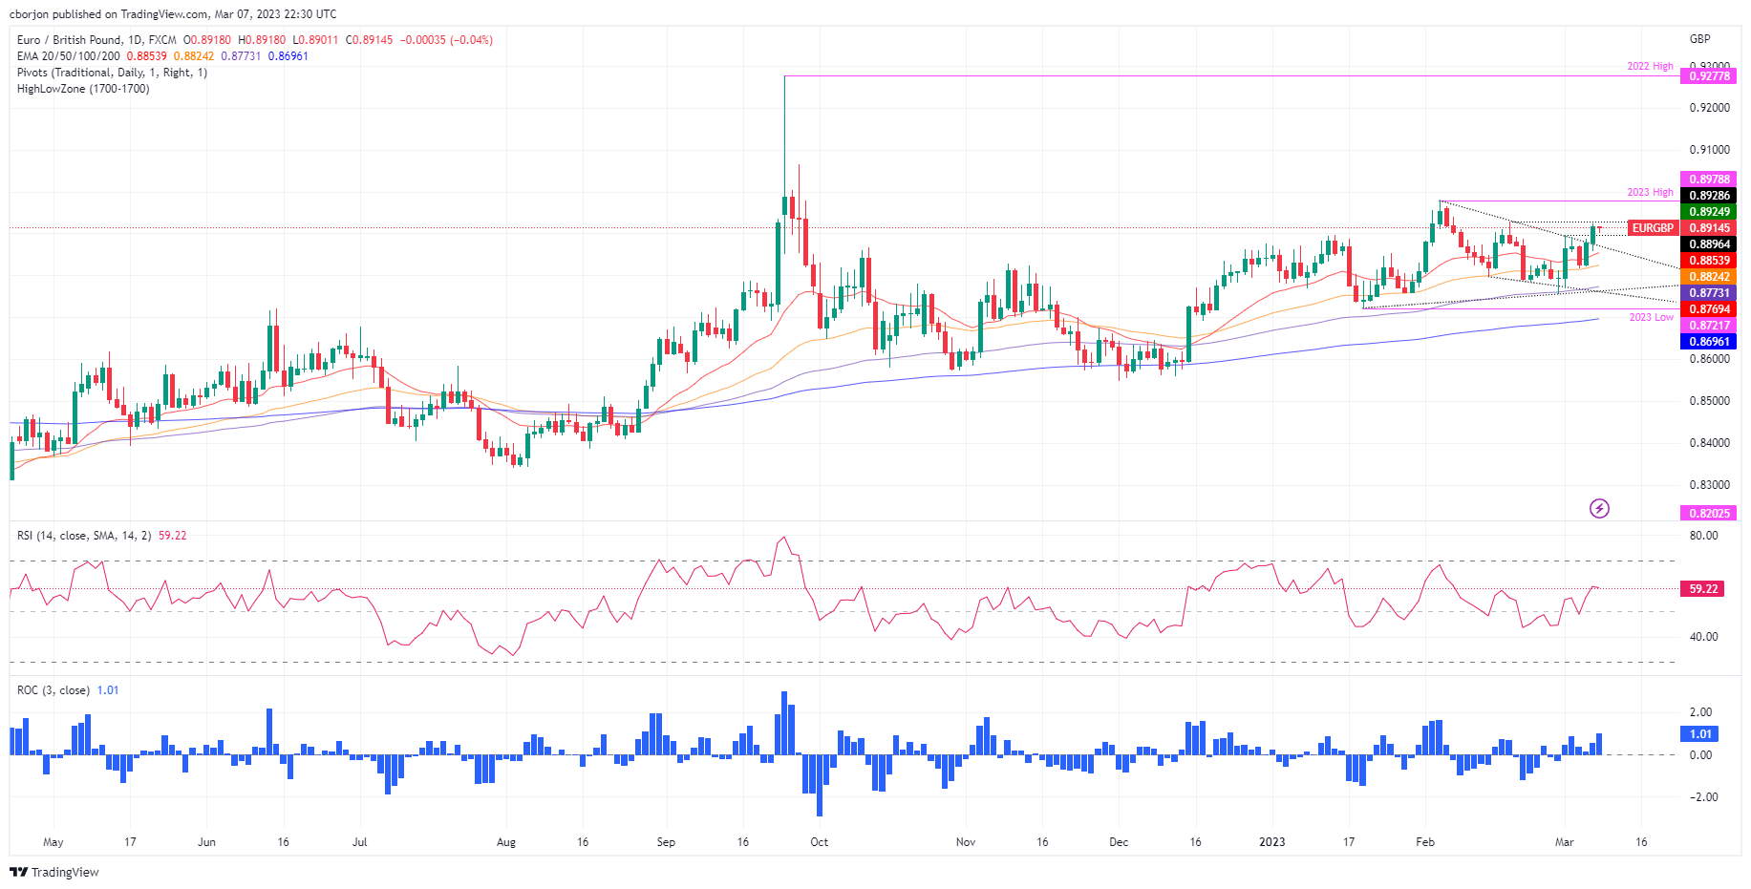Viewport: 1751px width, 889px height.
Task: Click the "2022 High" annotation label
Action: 1650,67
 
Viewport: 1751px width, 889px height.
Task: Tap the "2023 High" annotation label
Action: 1650,193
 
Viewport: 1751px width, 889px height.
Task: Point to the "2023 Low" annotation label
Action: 1651,317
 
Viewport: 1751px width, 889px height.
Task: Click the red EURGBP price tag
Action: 1653,228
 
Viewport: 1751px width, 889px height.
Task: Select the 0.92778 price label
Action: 1709,76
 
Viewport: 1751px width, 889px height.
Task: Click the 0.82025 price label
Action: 1709,514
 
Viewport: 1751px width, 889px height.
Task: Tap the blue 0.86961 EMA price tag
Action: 1709,342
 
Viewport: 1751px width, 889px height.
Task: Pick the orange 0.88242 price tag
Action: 1709,277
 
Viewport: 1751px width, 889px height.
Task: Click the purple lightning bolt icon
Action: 1599,509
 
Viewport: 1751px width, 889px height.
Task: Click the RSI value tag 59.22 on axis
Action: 1703,589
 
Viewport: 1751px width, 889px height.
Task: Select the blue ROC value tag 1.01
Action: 1699,734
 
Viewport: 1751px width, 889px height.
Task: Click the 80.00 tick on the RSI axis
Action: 1703,536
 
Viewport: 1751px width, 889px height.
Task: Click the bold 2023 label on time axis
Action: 1271,842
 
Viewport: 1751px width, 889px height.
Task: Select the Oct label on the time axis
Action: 819,842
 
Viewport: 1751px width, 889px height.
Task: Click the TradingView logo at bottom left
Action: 54,873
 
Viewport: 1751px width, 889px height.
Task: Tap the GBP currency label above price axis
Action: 1699,39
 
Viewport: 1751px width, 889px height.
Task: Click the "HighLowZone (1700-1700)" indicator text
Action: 83,89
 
